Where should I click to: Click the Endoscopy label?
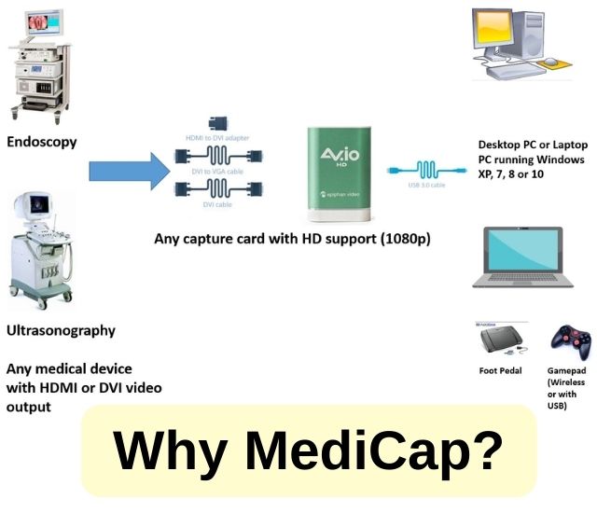41,143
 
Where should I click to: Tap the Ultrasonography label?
61,330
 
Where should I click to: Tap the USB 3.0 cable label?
427,185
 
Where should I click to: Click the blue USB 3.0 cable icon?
427,169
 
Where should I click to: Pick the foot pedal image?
502,340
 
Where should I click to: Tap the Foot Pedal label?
500,370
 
